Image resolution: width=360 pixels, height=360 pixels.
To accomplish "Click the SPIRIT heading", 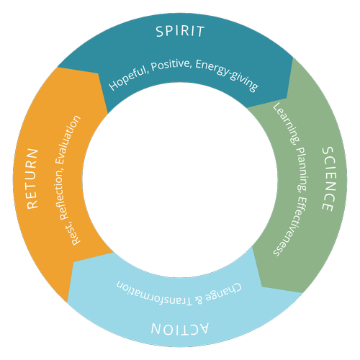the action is coord(180,31).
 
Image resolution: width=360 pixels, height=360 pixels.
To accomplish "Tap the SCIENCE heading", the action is coord(328,179).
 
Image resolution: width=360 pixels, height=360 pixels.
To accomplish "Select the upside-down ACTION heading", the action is coord(180,328).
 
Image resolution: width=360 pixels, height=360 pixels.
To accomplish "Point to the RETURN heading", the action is coord(32,179).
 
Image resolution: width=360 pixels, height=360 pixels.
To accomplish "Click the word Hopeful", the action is coord(128,78).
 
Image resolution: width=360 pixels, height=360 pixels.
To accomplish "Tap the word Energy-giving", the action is coord(227,74).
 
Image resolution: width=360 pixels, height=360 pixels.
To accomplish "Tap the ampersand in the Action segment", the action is coord(199,300).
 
